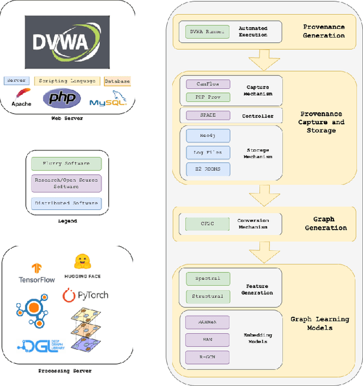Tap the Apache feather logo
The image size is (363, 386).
tap(23, 94)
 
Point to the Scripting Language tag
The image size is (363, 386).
tap(67, 81)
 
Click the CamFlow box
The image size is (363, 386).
tap(208, 84)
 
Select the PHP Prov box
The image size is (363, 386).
tap(208, 97)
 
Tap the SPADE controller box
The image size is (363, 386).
tap(208, 115)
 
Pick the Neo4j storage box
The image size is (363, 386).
tap(208, 135)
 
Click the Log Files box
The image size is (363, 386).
tap(208, 152)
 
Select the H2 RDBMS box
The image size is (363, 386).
tap(208, 169)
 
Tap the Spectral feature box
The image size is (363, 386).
tap(208, 279)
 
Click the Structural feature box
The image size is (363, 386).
tap(208, 296)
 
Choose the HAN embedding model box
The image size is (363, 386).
tap(208, 340)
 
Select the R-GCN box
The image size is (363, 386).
tap(208, 358)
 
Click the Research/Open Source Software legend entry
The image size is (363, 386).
tap(66, 183)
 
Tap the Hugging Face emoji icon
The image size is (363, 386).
tap(83, 262)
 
